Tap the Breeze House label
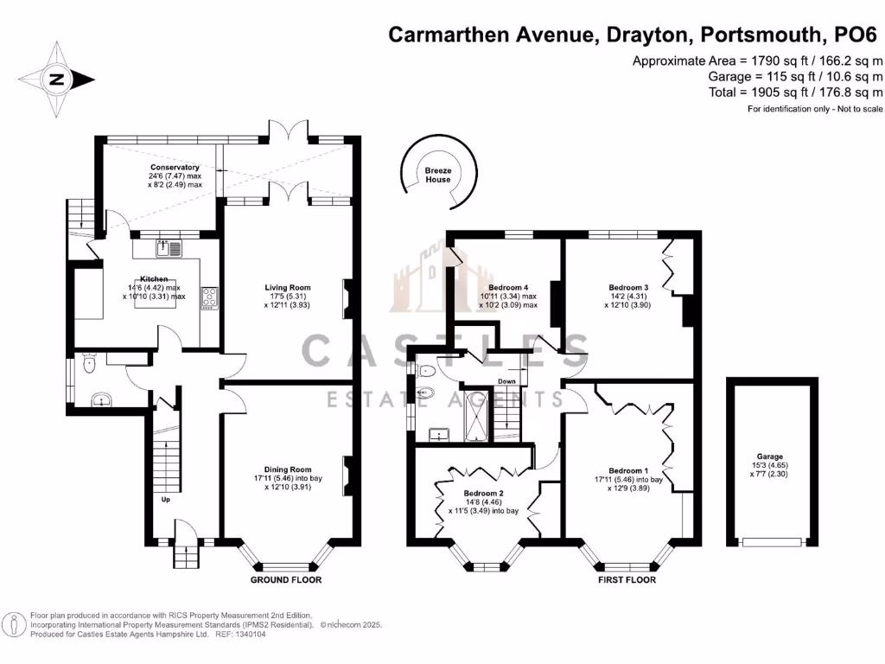(437, 176)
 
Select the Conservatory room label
(175, 167)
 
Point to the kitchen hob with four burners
(210, 297)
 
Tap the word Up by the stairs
(164, 499)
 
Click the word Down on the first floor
(507, 381)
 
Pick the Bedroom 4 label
(507, 288)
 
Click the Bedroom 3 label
(628, 288)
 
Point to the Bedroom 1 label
(627, 471)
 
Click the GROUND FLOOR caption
(286, 579)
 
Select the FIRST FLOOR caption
(627, 579)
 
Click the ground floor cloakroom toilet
(88, 367)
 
